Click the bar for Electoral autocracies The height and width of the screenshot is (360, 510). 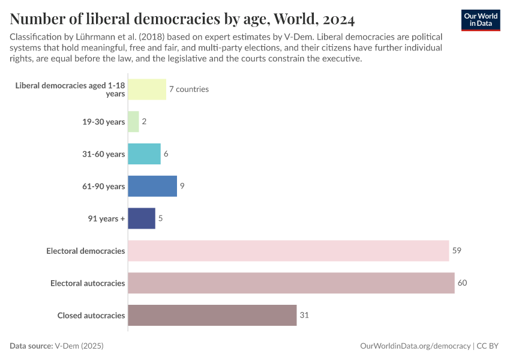coord(291,283)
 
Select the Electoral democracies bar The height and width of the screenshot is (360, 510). coord(289,251)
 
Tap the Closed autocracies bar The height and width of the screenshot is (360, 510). coord(212,315)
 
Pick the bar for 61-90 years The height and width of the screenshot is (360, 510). coord(152,186)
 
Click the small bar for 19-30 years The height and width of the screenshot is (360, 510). coord(133,121)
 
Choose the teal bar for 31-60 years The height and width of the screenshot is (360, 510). coord(145,154)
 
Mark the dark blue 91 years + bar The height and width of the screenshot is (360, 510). coord(142,218)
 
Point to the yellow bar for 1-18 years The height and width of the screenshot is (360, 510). coord(147,89)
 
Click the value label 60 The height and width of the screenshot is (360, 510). coord(462,283)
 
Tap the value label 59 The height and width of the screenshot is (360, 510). coord(457,251)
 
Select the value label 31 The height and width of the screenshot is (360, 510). coord(304,315)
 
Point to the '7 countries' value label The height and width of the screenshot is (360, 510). coord(188,89)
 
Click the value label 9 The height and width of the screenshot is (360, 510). coord(182,186)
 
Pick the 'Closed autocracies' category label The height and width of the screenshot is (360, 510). coord(91,315)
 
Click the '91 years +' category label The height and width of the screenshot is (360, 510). coord(106,218)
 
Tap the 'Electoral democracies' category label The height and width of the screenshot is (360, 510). coord(86,251)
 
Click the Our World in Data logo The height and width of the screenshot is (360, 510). coord(481,20)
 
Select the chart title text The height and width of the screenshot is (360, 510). coord(182,19)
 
